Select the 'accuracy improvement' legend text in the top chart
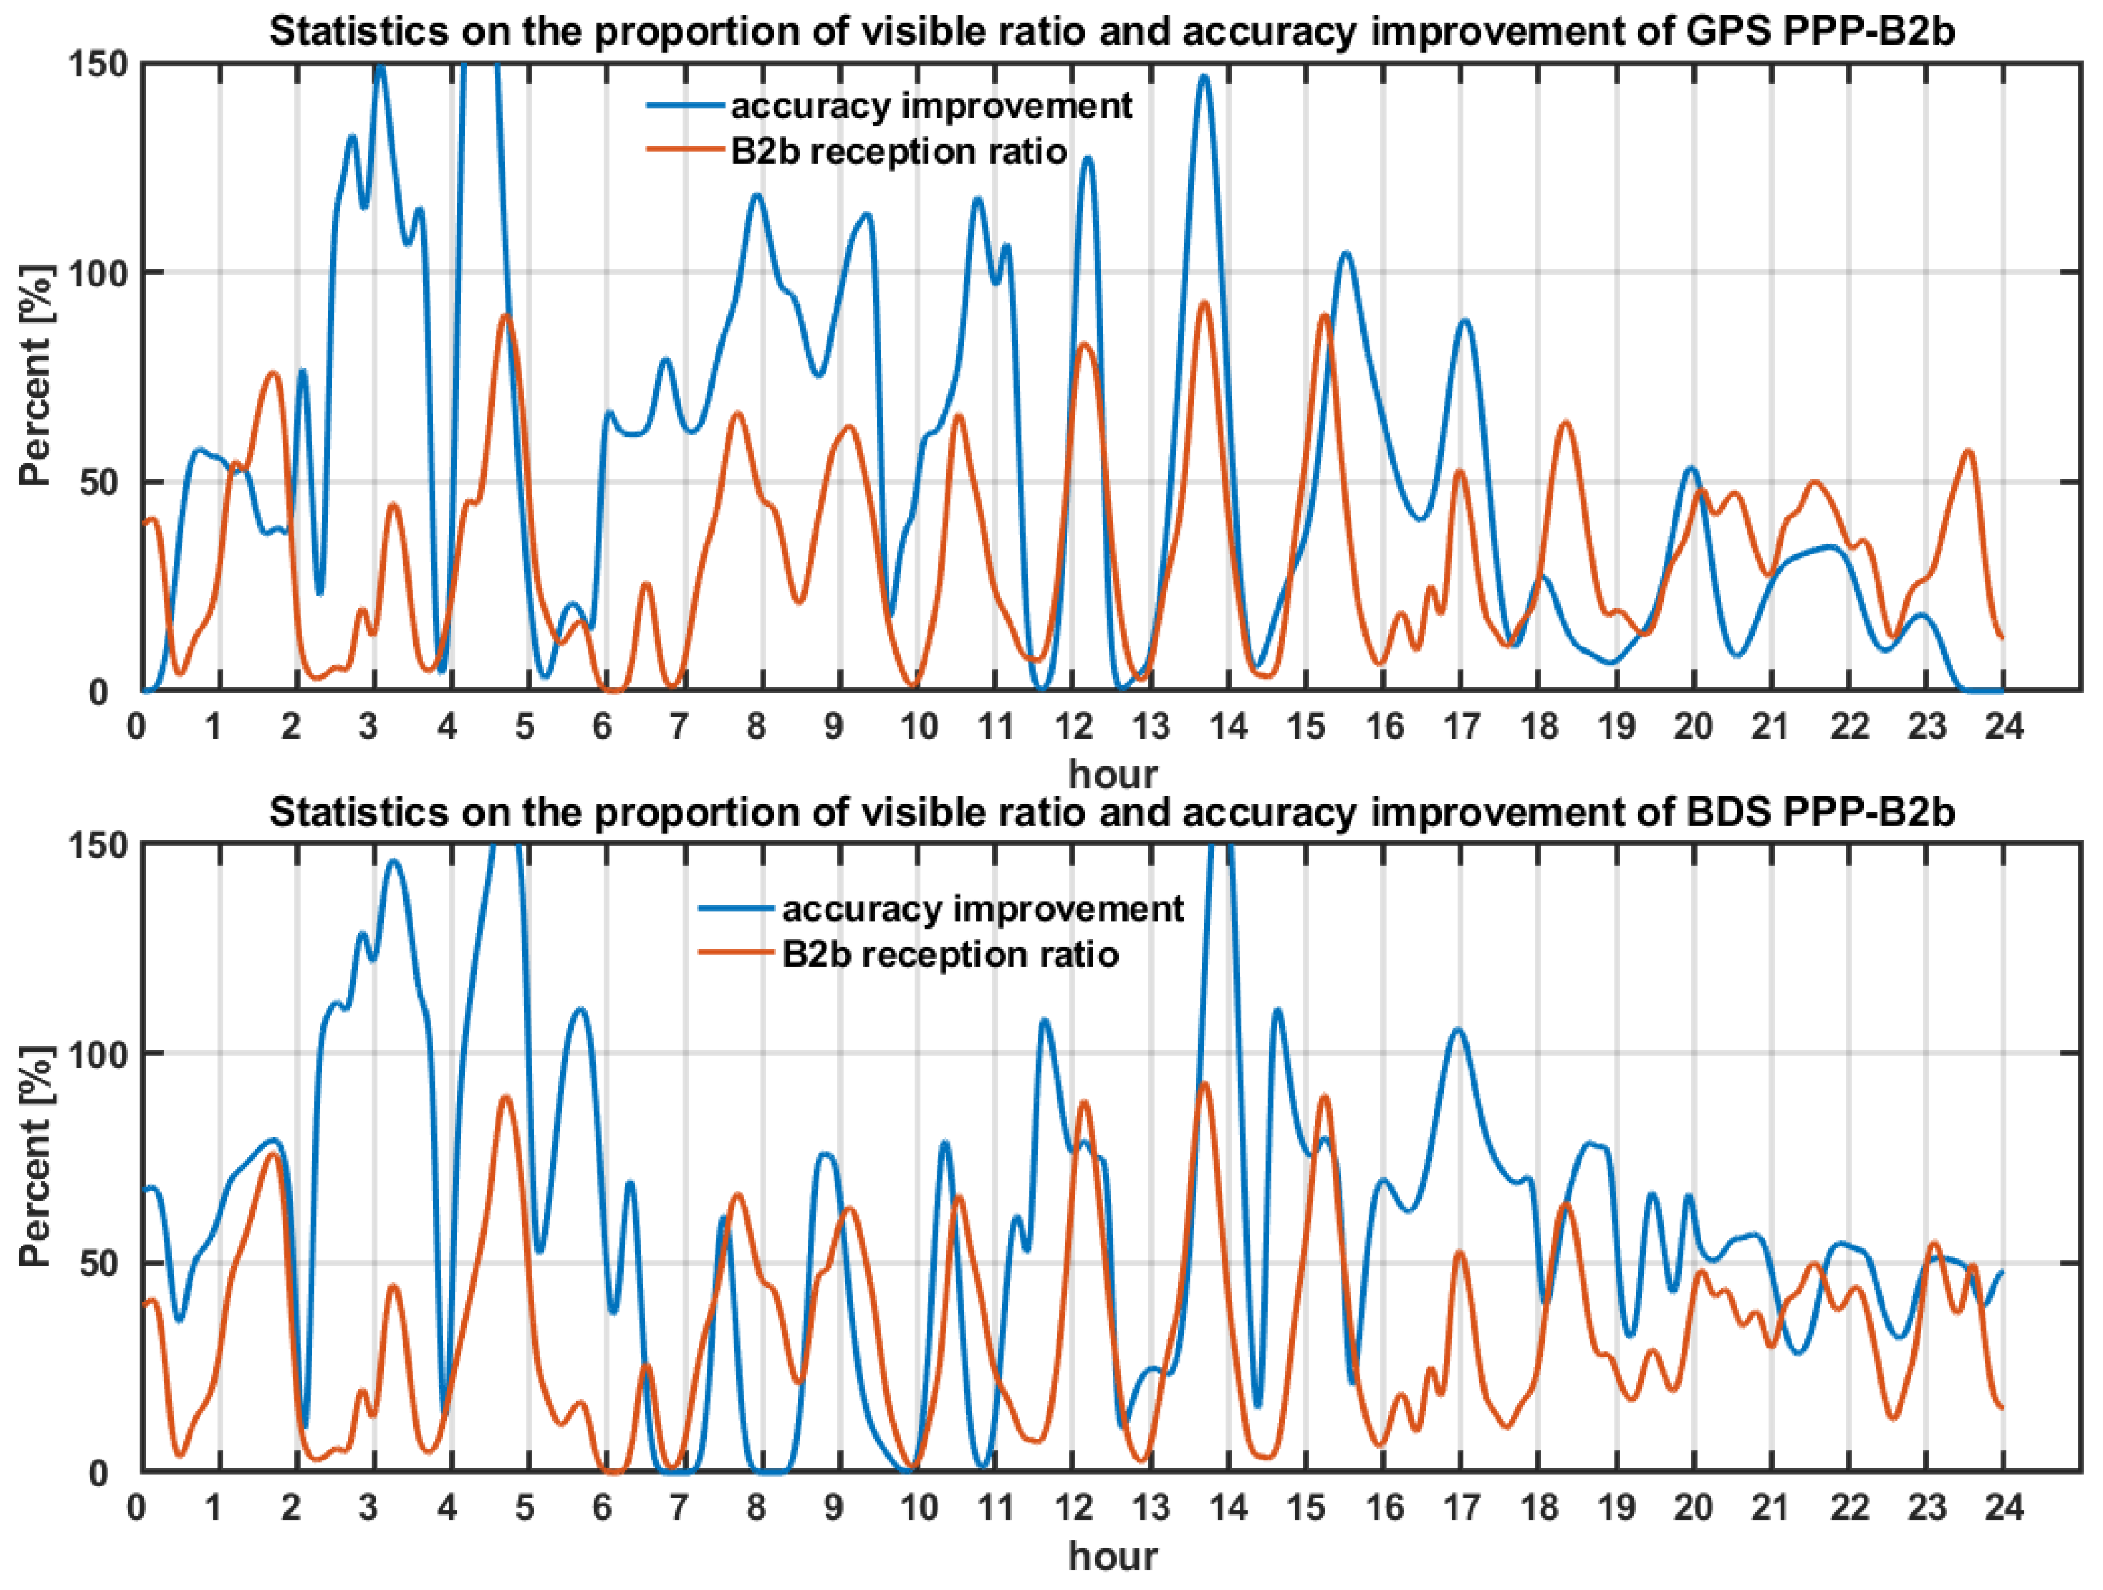pyautogui.click(x=931, y=105)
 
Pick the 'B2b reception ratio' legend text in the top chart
pyautogui.click(x=899, y=151)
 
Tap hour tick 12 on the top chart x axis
pyautogui.click(x=1074, y=727)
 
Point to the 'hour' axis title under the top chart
pyautogui.click(x=1113, y=774)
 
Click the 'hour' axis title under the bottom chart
pyautogui.click(x=1113, y=1557)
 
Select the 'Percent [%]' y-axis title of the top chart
pyautogui.click(x=36, y=376)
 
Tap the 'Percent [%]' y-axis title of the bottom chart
pyautogui.click(x=36, y=1157)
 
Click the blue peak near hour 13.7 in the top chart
pyautogui.click(x=1204, y=77)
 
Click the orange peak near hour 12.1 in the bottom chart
pyautogui.click(x=1084, y=1101)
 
